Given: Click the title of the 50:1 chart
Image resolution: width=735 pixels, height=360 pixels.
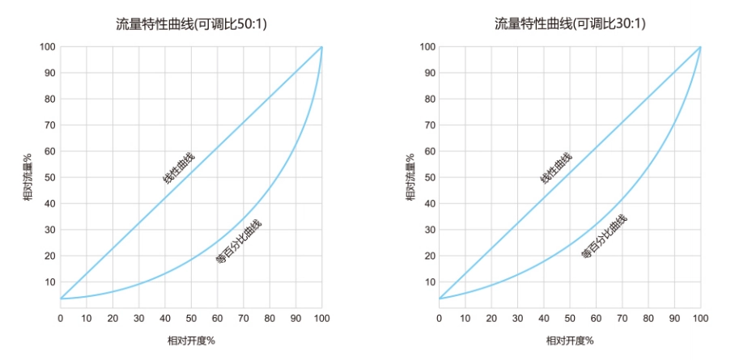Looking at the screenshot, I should pyautogui.click(x=191, y=24).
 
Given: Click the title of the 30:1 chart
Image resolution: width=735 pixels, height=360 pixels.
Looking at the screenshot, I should pyautogui.click(x=570, y=24).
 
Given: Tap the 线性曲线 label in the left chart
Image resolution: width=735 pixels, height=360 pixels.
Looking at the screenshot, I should pyautogui.click(x=179, y=167).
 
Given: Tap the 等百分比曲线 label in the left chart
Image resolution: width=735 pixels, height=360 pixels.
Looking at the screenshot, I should pyautogui.click(x=239, y=242).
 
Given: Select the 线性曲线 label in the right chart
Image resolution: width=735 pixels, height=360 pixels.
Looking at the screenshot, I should pyautogui.click(x=556, y=167).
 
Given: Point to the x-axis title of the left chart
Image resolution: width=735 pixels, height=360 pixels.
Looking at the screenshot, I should pyautogui.click(x=191, y=341).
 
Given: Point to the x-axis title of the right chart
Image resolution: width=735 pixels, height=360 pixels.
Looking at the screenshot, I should pyautogui.click(x=570, y=341).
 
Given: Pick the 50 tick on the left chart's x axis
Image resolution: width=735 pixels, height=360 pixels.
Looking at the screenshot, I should pyautogui.click(x=191, y=318).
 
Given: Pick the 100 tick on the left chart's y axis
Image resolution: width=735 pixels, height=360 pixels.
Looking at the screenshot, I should pyautogui.click(x=47, y=47).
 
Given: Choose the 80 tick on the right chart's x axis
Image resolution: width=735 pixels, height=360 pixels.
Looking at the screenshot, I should pyautogui.click(x=648, y=318).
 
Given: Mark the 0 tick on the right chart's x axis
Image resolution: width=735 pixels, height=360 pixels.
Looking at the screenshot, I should pyautogui.click(x=439, y=318).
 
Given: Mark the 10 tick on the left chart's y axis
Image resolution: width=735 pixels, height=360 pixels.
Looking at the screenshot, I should pyautogui.click(x=49, y=282).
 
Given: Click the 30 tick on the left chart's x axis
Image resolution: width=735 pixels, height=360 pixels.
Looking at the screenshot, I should pyautogui.click(x=138, y=318).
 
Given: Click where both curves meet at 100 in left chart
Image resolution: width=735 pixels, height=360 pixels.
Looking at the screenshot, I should pyautogui.click(x=322, y=47).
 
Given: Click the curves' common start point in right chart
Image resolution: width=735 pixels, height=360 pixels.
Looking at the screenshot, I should pyautogui.click(x=439, y=299).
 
